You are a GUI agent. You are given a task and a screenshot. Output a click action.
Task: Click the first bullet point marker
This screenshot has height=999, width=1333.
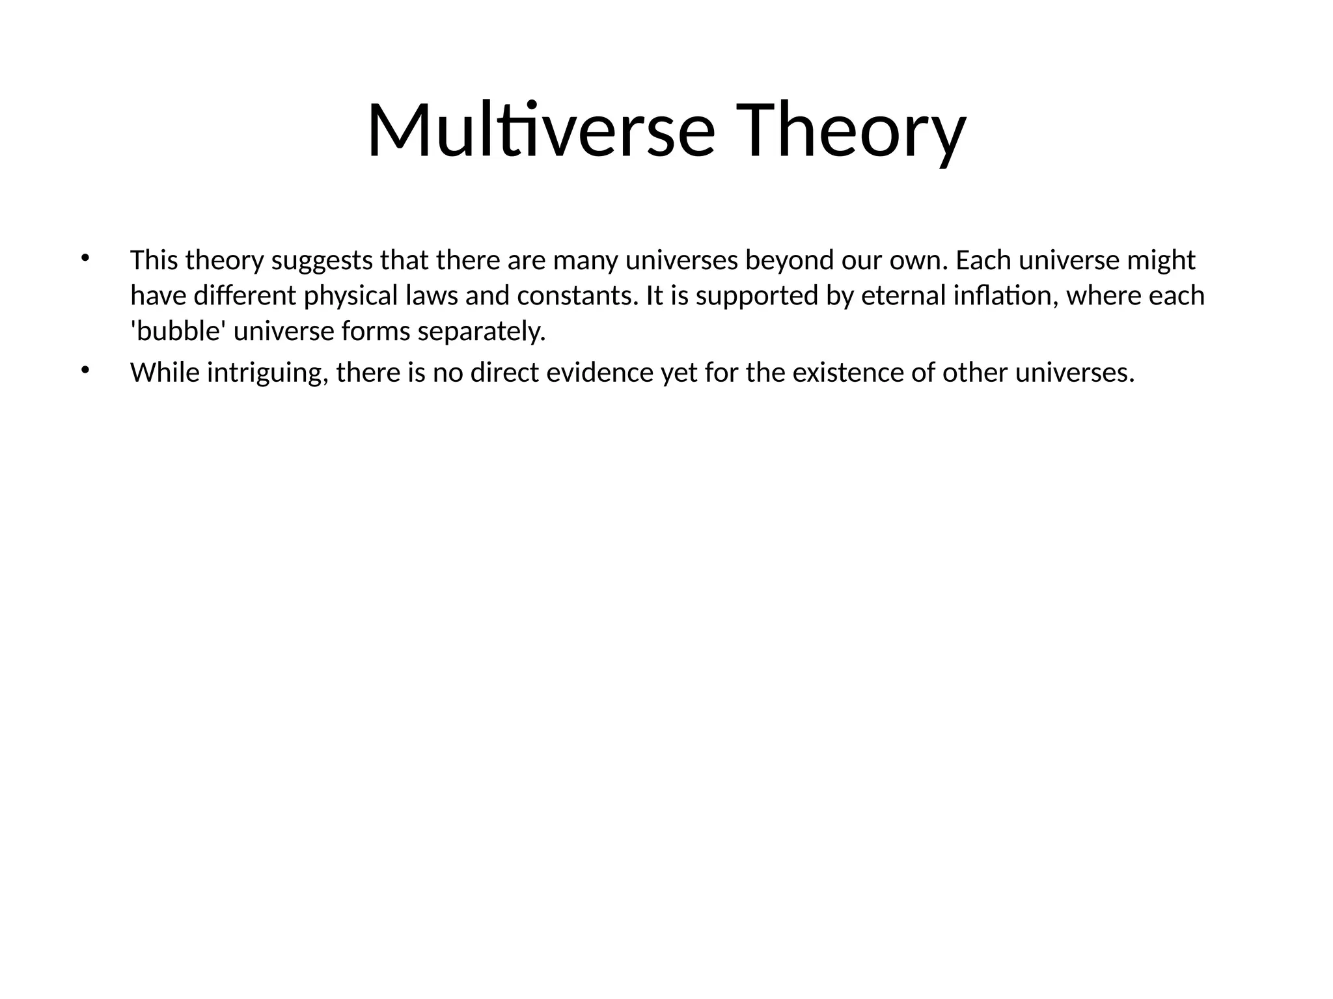[x=84, y=258]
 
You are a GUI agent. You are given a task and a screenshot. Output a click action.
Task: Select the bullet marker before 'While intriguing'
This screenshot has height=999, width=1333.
[x=84, y=370]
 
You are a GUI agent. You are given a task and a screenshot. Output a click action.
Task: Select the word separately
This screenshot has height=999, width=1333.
[x=481, y=332]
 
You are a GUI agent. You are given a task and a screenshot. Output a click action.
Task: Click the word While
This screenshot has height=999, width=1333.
[x=165, y=373]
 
